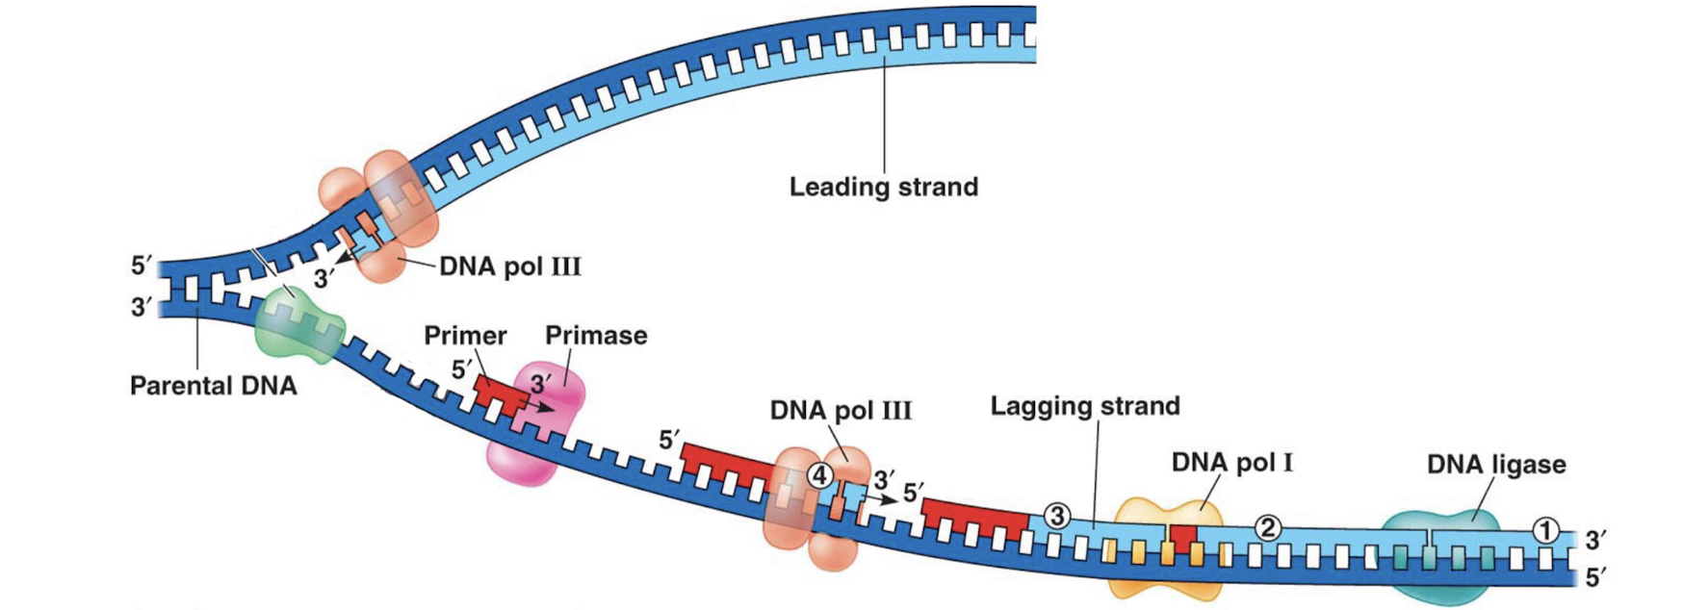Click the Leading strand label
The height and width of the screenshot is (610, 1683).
[883, 187]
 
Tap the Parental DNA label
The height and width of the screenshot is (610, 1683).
[213, 387]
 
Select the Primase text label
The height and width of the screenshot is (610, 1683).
[596, 336]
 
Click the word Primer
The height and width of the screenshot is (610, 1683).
[465, 336]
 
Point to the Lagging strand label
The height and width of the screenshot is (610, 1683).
[1085, 406]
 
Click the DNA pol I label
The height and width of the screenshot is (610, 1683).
[1231, 463]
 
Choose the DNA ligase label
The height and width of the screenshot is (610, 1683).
[1495, 465]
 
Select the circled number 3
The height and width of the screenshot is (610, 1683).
[1057, 517]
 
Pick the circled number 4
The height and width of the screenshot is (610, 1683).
[818, 475]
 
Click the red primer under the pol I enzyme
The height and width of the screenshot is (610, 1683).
[1182, 537]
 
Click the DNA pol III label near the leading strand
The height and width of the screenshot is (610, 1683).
[509, 267]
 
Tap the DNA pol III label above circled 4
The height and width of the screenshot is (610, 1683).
[840, 411]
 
